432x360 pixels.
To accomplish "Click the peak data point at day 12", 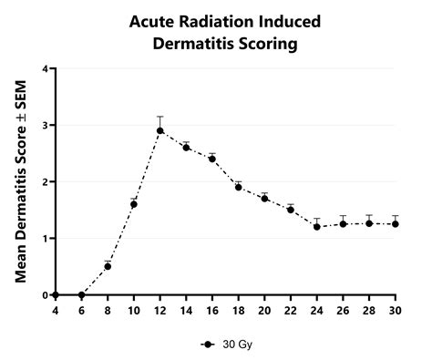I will [x=159, y=130].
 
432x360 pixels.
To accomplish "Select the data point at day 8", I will [x=108, y=266].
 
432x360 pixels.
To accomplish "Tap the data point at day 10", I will [x=134, y=204].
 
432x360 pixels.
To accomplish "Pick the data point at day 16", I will [x=212, y=159].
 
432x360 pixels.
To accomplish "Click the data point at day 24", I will [x=317, y=227].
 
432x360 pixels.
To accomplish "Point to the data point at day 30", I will [x=396, y=224].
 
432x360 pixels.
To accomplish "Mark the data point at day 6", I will [x=81, y=294].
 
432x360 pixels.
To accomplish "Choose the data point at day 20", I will [x=264, y=198].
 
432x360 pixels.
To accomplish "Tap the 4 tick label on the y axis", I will [x=43, y=68].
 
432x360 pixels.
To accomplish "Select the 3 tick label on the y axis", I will [x=43, y=125].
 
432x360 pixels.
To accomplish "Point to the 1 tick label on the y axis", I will [x=43, y=238].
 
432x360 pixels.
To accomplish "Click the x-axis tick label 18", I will [x=238, y=309].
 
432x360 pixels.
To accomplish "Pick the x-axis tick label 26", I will [x=344, y=309].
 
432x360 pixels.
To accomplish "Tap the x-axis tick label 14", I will [x=186, y=309].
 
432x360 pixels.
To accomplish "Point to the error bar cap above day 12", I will [x=159, y=117].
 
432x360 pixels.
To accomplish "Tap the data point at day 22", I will [x=291, y=210].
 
